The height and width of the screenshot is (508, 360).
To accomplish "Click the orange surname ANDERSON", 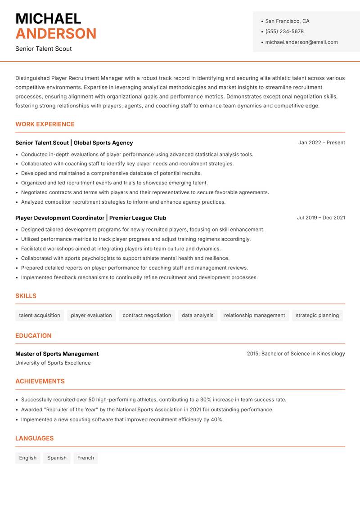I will [56, 34].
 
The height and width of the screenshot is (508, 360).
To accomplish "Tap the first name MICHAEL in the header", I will [48, 19].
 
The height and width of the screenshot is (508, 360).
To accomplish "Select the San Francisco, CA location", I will [287, 21].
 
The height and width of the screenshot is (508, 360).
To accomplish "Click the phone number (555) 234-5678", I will [284, 31].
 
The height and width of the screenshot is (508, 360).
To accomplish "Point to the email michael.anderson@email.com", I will [301, 42].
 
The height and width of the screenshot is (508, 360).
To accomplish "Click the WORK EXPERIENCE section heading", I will [45, 124].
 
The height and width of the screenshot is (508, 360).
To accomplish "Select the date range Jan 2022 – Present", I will [321, 143].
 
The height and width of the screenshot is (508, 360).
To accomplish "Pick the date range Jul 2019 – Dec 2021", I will [321, 218].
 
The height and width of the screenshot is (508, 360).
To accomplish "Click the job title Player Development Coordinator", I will [60, 218].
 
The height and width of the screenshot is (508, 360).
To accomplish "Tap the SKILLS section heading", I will [26, 296].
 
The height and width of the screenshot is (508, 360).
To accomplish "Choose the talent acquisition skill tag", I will [40, 316].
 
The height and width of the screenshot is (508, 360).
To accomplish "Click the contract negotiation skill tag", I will [147, 316].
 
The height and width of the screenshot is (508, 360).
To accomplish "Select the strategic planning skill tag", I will [317, 316].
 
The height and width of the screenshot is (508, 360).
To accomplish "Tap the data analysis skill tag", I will [198, 316].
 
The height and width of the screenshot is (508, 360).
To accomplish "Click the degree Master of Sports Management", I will [57, 354].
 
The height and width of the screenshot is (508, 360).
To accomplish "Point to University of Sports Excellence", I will [53, 363].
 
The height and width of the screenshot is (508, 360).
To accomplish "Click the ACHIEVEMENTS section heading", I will [40, 381].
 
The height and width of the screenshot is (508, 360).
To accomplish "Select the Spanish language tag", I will [57, 458].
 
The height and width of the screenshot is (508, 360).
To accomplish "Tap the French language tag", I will [85, 458].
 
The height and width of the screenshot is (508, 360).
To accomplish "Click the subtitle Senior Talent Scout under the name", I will [44, 49].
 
